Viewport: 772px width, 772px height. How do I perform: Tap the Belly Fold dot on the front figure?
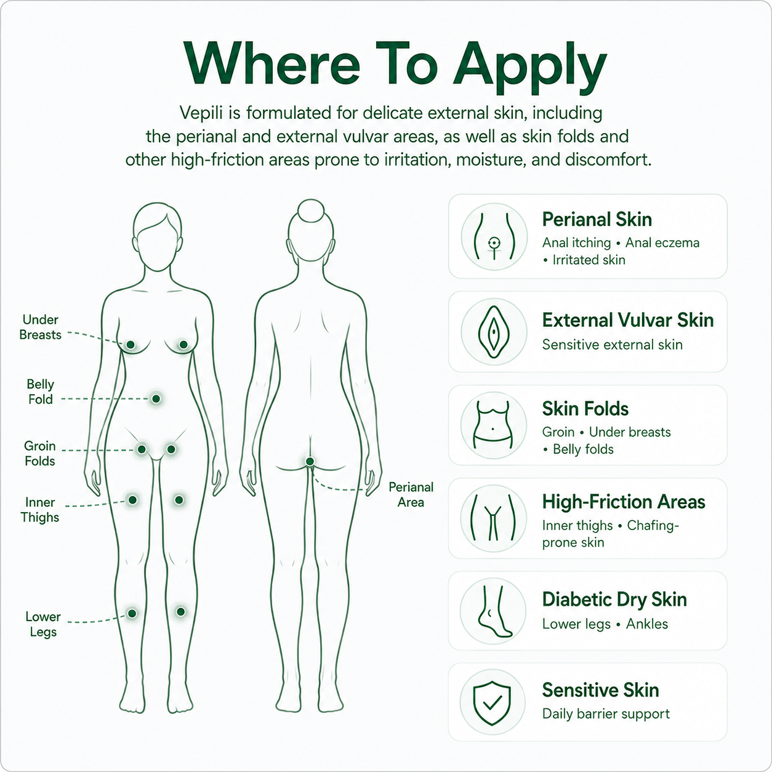point(156,398)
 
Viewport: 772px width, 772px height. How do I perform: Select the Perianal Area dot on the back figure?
point(310,462)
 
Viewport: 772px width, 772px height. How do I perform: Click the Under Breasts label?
point(41,327)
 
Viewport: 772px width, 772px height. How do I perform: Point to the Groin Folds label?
point(39,453)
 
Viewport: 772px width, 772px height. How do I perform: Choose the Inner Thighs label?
point(39,510)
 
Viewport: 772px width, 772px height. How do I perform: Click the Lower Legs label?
point(43,624)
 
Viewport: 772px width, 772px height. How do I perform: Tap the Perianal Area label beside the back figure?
point(411,494)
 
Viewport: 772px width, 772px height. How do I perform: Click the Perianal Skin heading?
point(597,220)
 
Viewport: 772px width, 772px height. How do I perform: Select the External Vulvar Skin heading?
point(628,320)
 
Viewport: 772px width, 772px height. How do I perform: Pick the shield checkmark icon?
point(492,702)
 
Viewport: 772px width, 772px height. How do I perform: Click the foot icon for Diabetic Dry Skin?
point(493,611)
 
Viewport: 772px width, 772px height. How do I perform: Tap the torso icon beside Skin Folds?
point(494,425)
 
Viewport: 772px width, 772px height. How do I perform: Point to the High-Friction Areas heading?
point(624,502)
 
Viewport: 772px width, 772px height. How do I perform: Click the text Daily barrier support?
point(606,714)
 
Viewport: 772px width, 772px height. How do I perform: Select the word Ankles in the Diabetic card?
point(647,624)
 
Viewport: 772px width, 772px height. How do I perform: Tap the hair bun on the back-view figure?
point(311,211)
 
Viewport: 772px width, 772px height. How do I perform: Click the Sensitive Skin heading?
point(600,690)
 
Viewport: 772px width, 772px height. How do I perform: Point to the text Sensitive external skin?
point(612,345)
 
